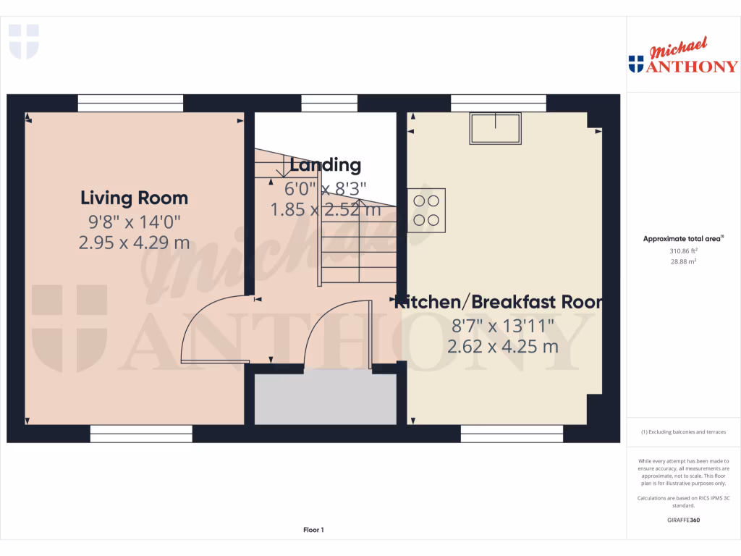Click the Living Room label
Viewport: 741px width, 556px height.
pyautogui.click(x=134, y=198)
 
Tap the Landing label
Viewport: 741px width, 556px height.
pyautogui.click(x=325, y=165)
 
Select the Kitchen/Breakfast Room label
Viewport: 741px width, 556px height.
pyautogui.click(x=499, y=302)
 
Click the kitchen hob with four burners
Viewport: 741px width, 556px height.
pyautogui.click(x=426, y=210)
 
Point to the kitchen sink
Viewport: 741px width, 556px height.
pyautogui.click(x=496, y=128)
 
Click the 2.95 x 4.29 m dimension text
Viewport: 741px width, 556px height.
pyautogui.click(x=134, y=243)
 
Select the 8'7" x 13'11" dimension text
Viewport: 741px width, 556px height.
pyautogui.click(x=503, y=325)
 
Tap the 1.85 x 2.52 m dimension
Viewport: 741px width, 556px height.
pyautogui.click(x=325, y=210)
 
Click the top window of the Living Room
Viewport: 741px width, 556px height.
pyautogui.click(x=130, y=103)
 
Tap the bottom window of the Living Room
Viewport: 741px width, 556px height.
pyautogui.click(x=141, y=434)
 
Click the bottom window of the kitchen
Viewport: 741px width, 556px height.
pyautogui.click(x=512, y=434)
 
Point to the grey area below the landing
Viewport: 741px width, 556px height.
pyautogui.click(x=325, y=399)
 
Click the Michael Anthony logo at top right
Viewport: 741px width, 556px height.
pyautogui.click(x=683, y=58)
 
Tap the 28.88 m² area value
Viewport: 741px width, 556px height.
pyautogui.click(x=684, y=261)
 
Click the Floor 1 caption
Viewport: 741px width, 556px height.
pyautogui.click(x=313, y=530)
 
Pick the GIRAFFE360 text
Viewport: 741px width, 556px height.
pyautogui.click(x=684, y=520)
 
